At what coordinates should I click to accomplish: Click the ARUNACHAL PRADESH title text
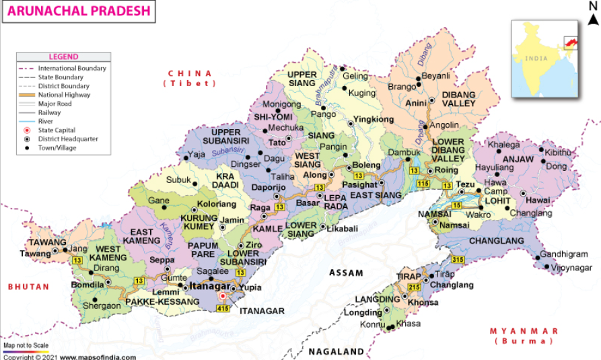[x=75, y=11]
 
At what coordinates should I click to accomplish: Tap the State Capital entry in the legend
[x=57, y=130]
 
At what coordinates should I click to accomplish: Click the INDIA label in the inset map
[x=536, y=59]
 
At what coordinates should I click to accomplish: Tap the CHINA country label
[x=190, y=73]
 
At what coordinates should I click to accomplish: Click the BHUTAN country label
[x=28, y=287]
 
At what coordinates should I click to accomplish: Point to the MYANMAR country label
[x=524, y=331]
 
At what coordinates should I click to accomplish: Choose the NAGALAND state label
[x=337, y=351]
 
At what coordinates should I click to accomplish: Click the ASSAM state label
[x=347, y=273]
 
